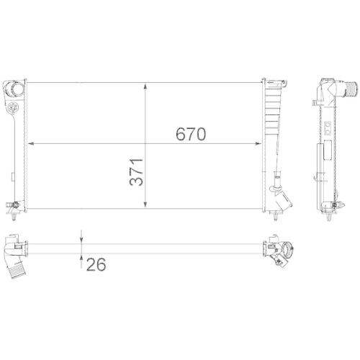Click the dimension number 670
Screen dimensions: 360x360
[192, 134]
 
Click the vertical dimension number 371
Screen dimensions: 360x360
[137, 174]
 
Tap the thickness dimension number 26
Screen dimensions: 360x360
[96, 265]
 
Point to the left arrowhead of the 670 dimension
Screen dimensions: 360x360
[30, 143]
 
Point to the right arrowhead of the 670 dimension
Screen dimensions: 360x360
[261, 143]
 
